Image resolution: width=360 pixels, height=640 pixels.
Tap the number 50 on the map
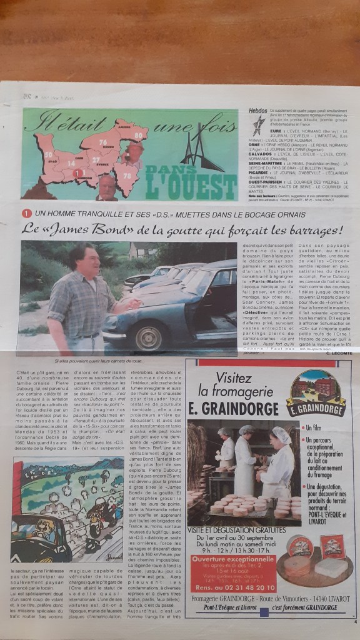click(48, 154)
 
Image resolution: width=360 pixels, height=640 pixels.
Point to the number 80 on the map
click(137, 132)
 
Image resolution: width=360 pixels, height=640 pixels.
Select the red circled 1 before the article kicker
click(27, 213)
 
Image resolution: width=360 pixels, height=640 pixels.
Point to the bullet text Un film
click(317, 428)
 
